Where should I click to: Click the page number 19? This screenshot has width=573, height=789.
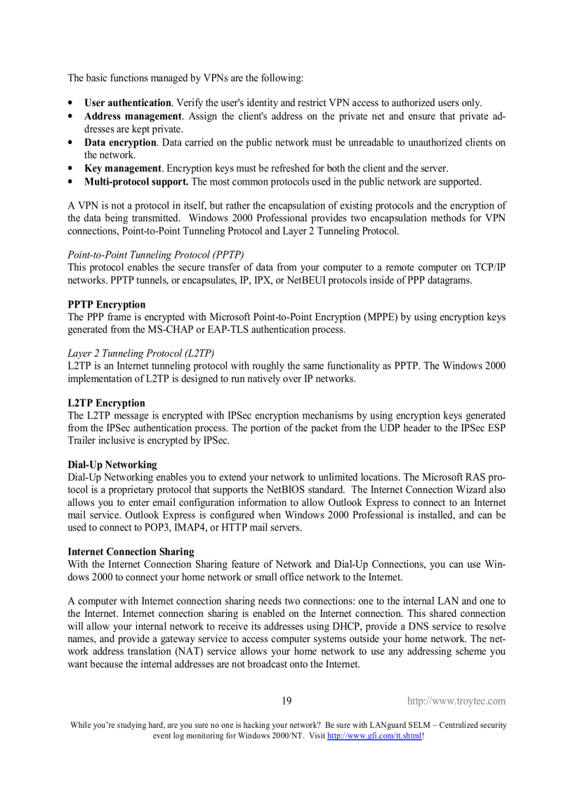point(286,700)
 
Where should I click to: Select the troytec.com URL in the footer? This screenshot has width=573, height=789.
point(456,701)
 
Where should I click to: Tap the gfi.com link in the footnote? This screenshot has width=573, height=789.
point(374,736)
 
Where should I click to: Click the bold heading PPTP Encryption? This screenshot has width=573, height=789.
point(107,304)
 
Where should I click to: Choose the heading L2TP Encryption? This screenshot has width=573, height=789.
point(106,403)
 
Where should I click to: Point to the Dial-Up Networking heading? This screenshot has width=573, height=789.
point(112,464)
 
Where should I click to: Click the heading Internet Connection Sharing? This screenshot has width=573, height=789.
point(131,552)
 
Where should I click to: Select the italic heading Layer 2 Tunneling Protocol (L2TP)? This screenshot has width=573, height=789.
point(140,353)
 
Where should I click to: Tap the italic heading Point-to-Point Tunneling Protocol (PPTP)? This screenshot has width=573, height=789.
point(156,254)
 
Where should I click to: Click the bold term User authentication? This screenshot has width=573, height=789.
point(128,103)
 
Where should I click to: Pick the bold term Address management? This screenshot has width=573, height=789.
point(133,116)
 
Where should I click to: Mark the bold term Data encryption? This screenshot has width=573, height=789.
point(120,142)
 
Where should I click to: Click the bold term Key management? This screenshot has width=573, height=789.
point(123,168)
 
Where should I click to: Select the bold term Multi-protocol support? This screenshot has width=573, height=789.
point(136,181)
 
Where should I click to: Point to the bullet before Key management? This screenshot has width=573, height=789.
point(71,169)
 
